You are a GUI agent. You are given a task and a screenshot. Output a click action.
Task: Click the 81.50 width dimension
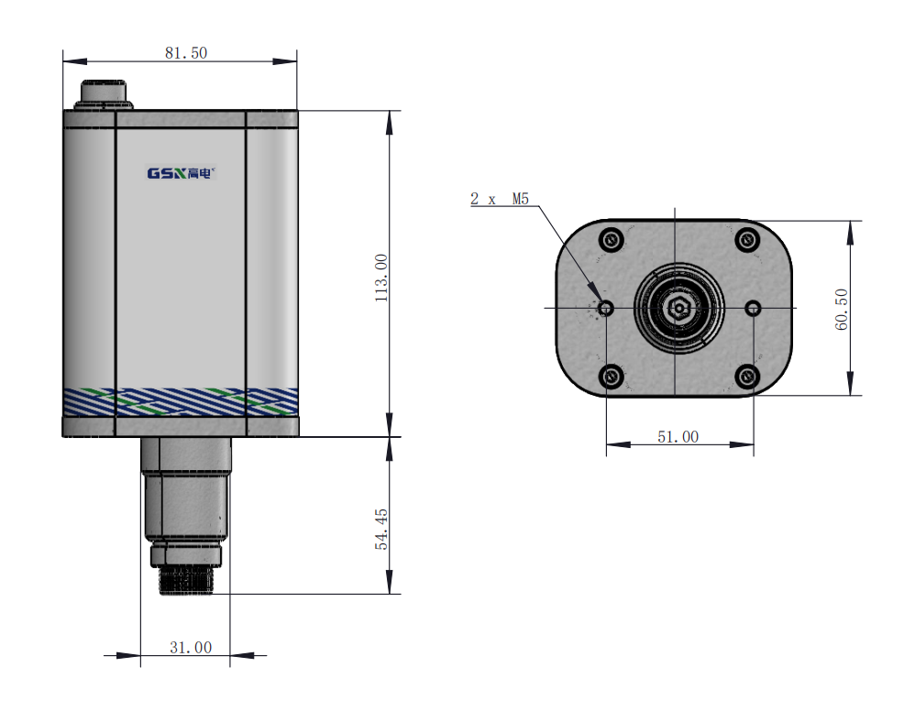[x=186, y=53]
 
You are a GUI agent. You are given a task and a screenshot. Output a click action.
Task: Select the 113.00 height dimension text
[x=381, y=278]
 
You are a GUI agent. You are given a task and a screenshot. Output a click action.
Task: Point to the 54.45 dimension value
[x=381, y=529]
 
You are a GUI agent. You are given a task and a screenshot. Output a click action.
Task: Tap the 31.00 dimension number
[x=191, y=648]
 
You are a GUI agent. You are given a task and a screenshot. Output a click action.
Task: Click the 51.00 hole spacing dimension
[x=678, y=437]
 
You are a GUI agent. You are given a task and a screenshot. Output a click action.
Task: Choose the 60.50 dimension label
[x=842, y=310]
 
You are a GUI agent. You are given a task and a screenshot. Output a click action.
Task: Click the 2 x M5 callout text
[x=500, y=199]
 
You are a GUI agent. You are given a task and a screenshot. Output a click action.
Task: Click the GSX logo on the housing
[x=182, y=173]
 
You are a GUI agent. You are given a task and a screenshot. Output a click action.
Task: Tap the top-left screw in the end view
[x=612, y=239]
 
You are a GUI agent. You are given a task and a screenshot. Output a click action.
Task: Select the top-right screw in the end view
[x=747, y=239]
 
